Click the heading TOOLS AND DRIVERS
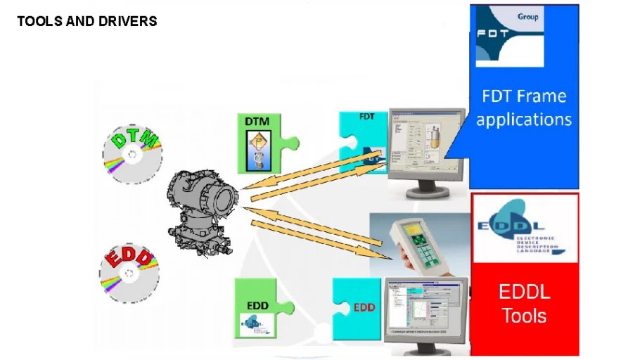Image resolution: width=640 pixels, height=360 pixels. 87,21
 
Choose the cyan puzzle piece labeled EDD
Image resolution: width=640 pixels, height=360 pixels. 358,307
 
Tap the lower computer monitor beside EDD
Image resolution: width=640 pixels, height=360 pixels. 425,310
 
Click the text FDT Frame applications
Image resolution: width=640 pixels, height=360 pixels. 524,108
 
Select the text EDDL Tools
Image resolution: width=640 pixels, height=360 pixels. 525,304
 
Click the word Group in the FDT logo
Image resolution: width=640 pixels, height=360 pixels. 527,15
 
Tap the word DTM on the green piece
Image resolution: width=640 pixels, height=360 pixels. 257,122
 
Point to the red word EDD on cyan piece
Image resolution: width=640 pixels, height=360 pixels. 364,307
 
